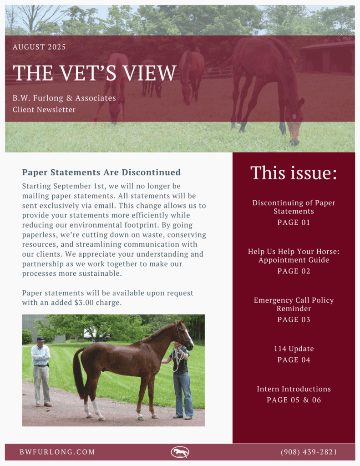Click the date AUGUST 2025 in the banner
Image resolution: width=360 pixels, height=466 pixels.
click(x=39, y=47)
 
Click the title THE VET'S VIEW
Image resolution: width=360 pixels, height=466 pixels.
click(x=95, y=73)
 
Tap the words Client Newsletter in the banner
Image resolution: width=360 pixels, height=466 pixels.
click(x=44, y=110)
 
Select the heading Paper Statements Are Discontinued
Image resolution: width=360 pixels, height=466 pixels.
click(x=101, y=172)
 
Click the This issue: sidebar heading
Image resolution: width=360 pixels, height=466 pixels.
click(x=294, y=173)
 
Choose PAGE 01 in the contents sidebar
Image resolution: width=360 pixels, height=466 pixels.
click(x=294, y=223)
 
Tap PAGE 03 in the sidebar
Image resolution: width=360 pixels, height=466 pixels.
click(x=294, y=320)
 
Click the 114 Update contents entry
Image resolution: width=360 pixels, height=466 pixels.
click(x=294, y=349)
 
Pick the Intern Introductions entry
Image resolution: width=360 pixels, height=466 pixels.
click(x=294, y=389)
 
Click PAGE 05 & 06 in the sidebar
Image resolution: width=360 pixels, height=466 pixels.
click(x=294, y=400)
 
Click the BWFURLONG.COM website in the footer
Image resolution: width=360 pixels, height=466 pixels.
click(x=57, y=452)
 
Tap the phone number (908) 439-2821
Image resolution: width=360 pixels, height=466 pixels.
click(x=309, y=452)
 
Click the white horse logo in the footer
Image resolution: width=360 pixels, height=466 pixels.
click(x=180, y=452)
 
